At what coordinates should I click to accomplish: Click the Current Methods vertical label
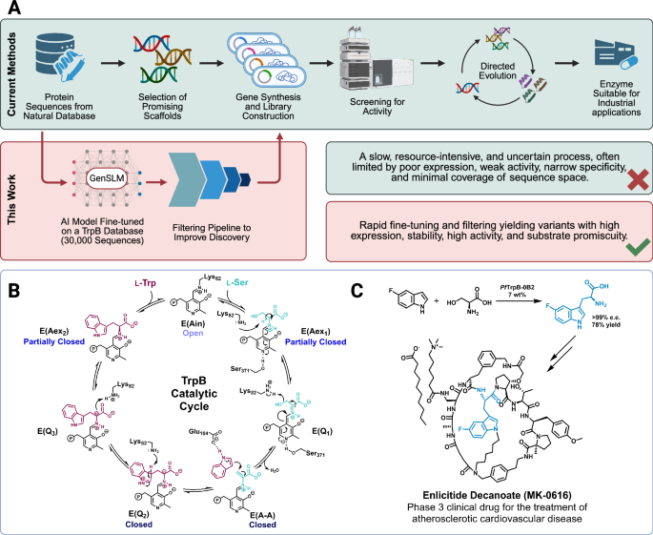click(14, 74)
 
